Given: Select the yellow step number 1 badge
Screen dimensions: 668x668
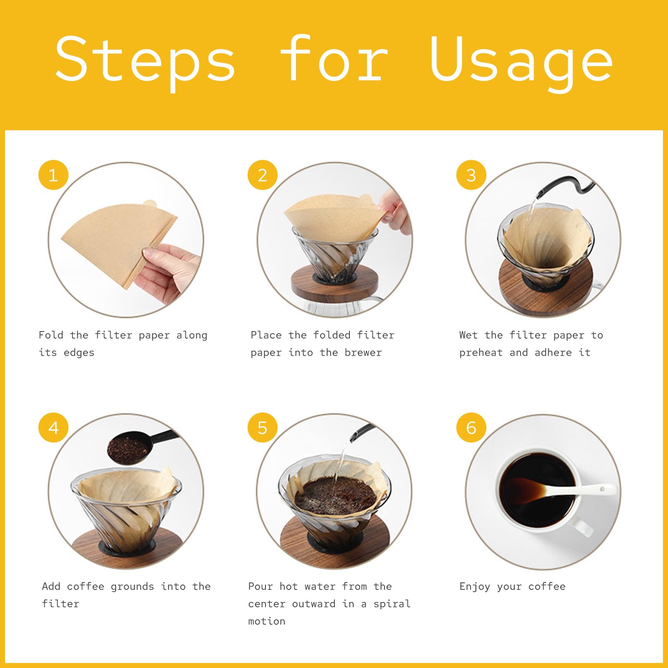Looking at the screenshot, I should (53, 175).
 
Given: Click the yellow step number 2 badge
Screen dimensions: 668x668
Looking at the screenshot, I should (262, 175).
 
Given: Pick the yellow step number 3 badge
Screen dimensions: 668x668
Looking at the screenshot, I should (471, 175).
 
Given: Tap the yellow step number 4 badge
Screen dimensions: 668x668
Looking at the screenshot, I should (53, 428).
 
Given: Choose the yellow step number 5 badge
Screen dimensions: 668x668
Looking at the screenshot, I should (262, 428).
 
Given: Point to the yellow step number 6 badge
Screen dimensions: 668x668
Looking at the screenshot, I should (471, 428).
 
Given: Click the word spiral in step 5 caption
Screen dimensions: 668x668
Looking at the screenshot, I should (392, 604).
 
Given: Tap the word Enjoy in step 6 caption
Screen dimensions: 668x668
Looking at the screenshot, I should (475, 587).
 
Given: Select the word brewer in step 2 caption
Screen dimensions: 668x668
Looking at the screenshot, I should (363, 352).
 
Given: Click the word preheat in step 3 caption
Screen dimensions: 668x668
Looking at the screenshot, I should (481, 352).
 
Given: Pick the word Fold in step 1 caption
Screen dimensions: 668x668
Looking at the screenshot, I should (51, 335).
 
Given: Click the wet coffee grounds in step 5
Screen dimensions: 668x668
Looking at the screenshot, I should (334, 495).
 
